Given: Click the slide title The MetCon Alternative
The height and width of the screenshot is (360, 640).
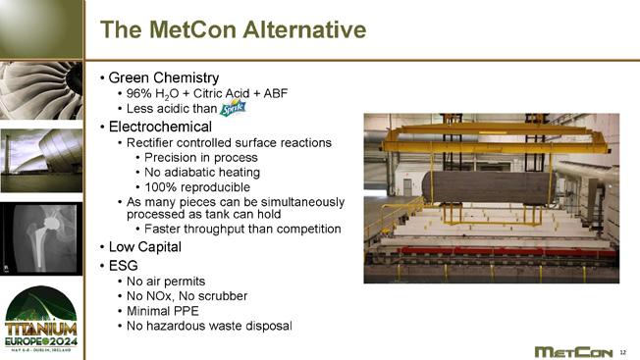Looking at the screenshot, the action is pos(233,29).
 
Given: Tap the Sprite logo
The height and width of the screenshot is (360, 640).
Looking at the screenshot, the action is pos(233,108).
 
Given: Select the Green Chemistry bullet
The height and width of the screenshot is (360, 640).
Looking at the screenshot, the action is pos(164,77).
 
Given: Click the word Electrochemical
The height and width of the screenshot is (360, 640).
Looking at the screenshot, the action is pos(160,127).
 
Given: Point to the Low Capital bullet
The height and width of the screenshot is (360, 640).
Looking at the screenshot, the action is pos(145,246).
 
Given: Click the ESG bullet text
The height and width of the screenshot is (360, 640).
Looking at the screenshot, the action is pos(123,266).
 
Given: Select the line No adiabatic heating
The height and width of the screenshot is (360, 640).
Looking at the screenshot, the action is pos(202,173).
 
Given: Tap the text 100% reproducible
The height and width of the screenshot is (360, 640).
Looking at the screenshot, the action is pos(197,187).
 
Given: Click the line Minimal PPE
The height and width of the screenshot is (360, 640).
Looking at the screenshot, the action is pos(162,311).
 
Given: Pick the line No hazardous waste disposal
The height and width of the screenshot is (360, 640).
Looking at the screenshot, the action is pos(209,326).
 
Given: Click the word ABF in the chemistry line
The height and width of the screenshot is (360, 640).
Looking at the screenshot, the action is pos(276,93).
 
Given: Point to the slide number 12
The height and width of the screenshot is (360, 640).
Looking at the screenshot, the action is pos(623,352).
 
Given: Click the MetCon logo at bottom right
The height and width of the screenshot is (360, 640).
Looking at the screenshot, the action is pos(573,352).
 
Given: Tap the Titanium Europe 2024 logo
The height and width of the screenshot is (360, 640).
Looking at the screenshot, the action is pos(41,319).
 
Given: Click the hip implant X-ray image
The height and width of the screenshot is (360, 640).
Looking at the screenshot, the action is pos(41,238).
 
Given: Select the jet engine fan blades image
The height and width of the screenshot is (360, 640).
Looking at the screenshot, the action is pos(41,90).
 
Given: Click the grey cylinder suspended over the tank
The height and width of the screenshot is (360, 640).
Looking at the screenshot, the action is pos(489,188).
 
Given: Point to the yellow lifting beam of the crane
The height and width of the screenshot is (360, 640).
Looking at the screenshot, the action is pos(495,139).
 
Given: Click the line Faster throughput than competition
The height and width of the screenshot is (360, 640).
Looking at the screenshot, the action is pos(242,229).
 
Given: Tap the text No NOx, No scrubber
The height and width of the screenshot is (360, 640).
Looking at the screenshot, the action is pos(187,296).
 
